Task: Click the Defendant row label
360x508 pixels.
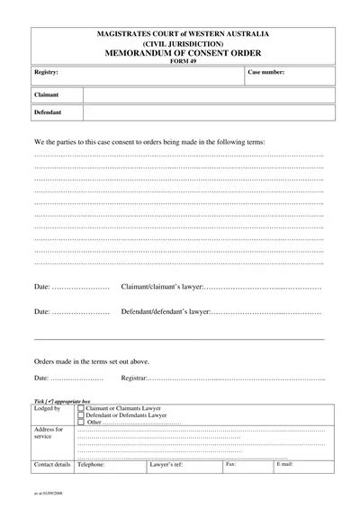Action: pos(49,112)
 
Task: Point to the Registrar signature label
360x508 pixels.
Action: pos(136,379)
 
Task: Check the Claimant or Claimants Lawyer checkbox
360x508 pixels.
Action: pos(81,408)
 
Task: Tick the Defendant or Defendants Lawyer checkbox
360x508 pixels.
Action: pos(81,415)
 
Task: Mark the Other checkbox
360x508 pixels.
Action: pos(81,423)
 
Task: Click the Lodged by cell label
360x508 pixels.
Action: pos(47,409)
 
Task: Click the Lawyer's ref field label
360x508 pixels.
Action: pos(166,465)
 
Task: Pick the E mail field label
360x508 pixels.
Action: pos(284,465)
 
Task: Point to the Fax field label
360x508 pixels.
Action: pos(230,465)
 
